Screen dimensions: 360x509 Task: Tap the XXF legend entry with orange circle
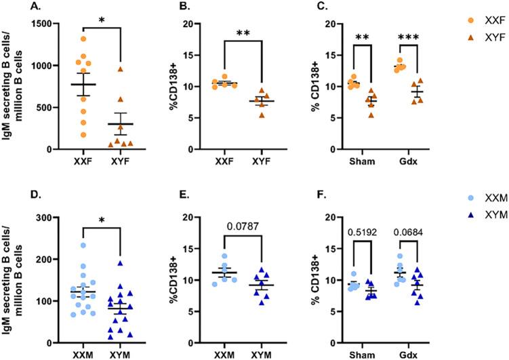(x=471, y=22)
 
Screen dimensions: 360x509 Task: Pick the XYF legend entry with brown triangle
(x=471, y=40)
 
